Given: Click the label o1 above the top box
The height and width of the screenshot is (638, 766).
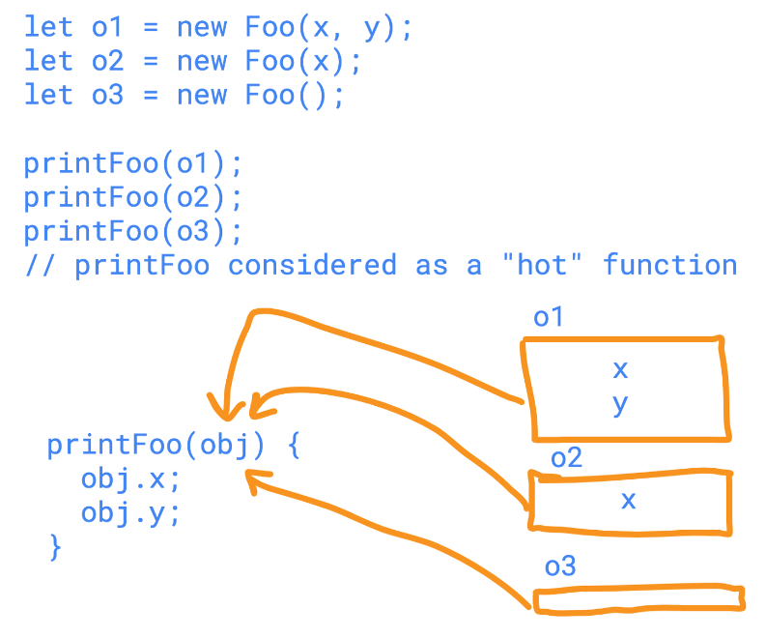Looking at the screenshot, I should [548, 317].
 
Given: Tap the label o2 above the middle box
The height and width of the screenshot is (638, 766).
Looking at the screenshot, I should [566, 456].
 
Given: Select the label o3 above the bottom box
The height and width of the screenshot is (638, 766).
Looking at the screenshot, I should [560, 565].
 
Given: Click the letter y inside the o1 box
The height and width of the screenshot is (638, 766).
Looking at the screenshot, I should [620, 405].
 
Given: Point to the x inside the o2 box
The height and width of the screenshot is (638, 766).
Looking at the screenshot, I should [628, 500].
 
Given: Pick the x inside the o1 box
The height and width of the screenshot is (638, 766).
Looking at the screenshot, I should [620, 369].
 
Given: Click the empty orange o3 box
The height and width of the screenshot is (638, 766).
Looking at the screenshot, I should [638, 598].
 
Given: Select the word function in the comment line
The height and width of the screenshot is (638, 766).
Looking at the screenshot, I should [669, 265].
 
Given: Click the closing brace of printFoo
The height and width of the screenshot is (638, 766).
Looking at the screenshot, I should [55, 548].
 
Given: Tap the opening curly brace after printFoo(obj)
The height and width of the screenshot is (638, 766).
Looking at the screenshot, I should [295, 446].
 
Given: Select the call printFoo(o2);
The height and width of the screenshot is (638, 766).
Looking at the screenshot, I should [132, 197].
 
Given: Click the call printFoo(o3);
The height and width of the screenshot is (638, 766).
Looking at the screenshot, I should [132, 231].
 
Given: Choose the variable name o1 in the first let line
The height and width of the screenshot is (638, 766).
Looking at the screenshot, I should [106, 27].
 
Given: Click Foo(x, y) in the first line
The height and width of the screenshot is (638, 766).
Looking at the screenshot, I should [328, 27].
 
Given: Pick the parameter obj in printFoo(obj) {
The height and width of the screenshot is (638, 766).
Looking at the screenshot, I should [226, 446].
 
